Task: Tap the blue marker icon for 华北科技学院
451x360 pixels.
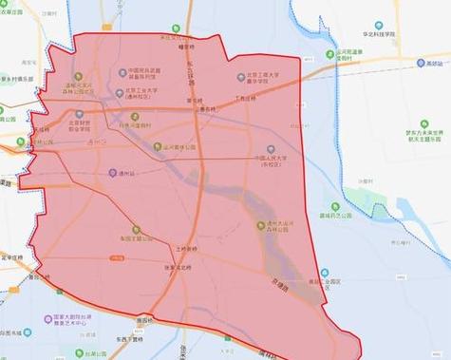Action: tap(378, 25)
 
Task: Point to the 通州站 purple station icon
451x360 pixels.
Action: tap(111, 173)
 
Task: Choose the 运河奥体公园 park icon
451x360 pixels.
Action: tap(160, 146)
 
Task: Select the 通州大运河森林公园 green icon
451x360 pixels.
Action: tap(260, 225)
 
